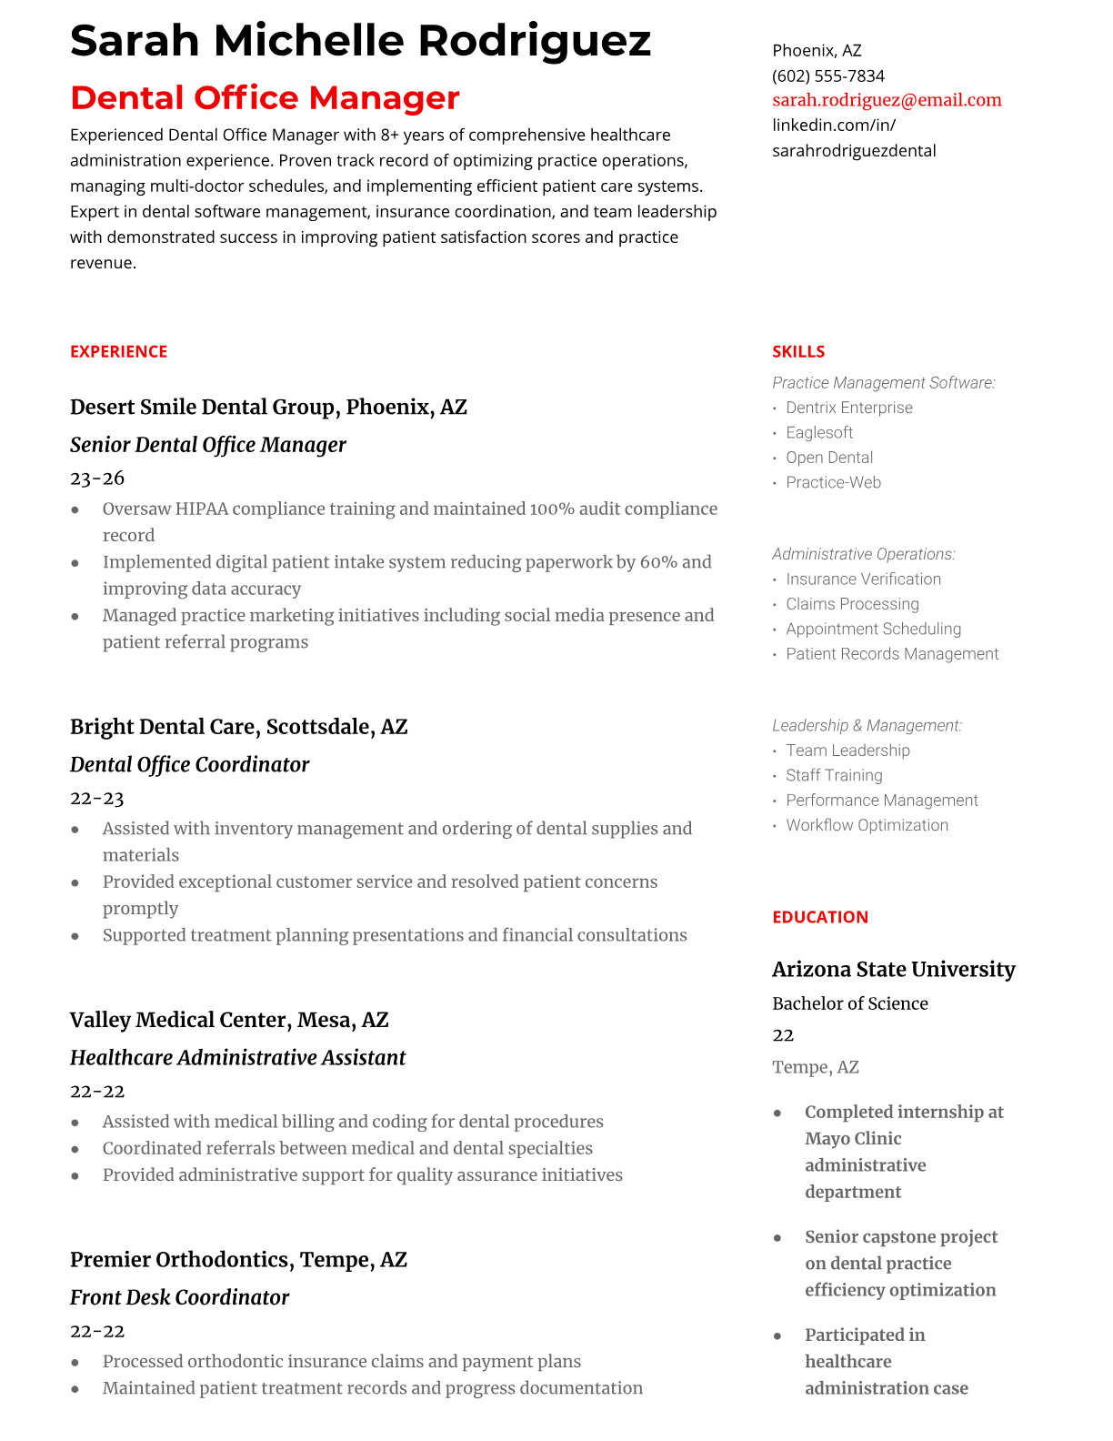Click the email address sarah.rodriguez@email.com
tap(887, 100)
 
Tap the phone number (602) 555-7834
tap(827, 76)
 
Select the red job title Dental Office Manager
tap(265, 97)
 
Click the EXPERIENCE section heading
tap(118, 351)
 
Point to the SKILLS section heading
tap(798, 351)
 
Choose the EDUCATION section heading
tap(819, 917)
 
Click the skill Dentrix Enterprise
tap(848, 408)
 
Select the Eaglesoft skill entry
tap(819, 432)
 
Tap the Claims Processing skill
tap(852, 604)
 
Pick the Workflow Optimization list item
tap(867, 825)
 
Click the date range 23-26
tap(97, 478)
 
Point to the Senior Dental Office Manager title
tap(207, 445)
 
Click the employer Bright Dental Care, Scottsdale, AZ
tap(238, 727)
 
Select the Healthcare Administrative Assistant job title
tap(237, 1058)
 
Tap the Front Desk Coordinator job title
tap(179, 1297)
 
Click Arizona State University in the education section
tap(893, 970)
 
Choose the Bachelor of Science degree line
tap(849, 1003)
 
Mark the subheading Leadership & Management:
tap(867, 725)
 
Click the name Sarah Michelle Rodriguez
tap(360, 41)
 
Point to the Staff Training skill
tap(834, 775)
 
